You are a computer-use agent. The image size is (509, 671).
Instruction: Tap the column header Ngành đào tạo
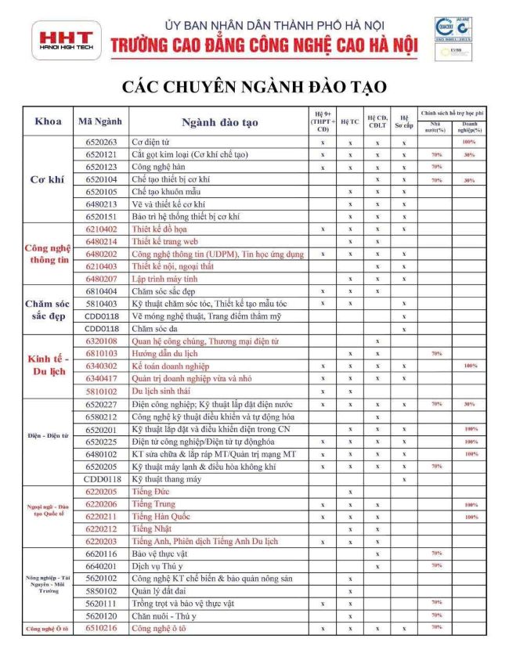coord(219,123)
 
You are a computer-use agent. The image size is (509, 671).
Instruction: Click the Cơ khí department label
coord(46,179)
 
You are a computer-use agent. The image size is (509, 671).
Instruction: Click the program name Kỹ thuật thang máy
coord(167,478)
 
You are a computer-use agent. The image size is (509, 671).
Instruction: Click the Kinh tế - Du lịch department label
coord(46,366)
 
